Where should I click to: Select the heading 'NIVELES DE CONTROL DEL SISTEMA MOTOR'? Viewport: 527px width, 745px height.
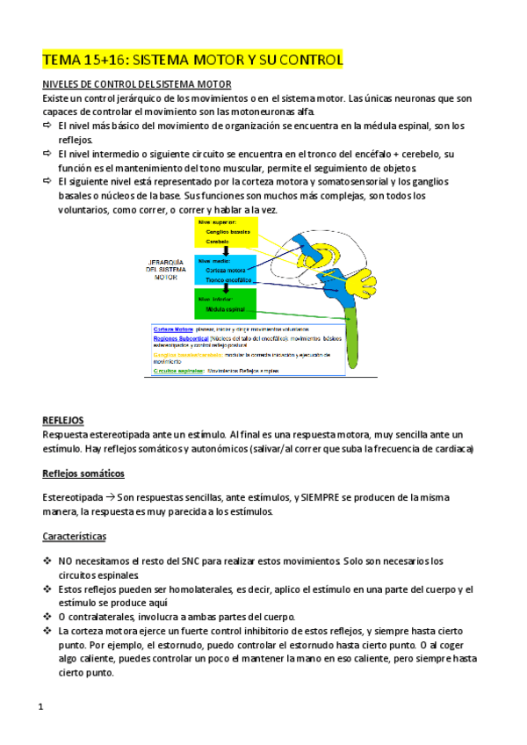[x=136, y=84]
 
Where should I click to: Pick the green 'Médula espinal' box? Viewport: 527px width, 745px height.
[x=227, y=306]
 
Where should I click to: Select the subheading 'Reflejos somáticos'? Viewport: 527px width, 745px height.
[x=83, y=474]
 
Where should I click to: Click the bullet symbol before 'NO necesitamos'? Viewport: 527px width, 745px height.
[x=47, y=560]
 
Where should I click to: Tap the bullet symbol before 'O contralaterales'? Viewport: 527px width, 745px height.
[x=47, y=616]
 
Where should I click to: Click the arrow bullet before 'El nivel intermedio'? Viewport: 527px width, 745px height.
[x=47, y=154]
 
